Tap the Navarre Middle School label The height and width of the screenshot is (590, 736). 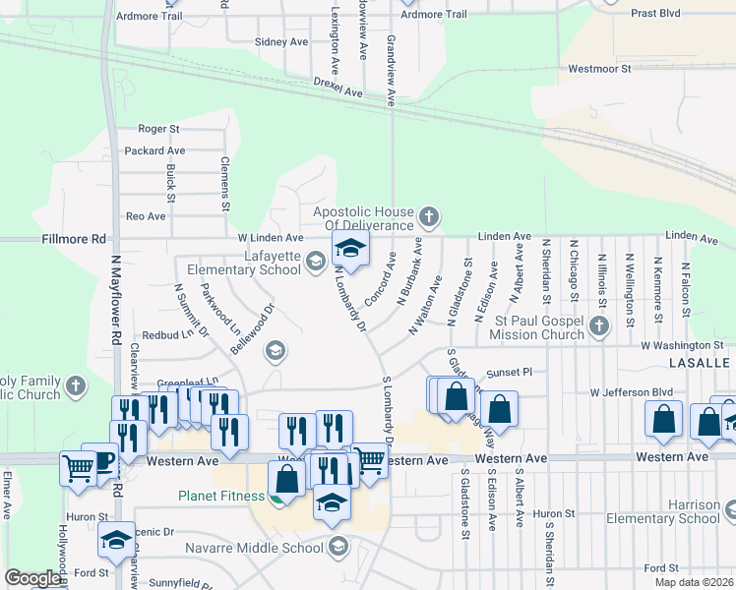(263, 546)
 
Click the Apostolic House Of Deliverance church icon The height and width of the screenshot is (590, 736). (428, 215)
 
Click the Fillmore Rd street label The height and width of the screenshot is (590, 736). (74, 239)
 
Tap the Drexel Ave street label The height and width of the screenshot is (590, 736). (338, 88)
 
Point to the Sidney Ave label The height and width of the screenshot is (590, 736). (281, 42)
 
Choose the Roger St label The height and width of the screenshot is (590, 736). (158, 129)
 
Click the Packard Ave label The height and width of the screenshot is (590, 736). (154, 150)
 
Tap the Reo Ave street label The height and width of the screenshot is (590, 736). (146, 215)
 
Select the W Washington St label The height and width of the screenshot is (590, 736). (682, 345)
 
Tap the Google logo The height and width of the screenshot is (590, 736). (31, 578)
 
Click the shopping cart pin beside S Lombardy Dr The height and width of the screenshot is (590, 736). (368, 460)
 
